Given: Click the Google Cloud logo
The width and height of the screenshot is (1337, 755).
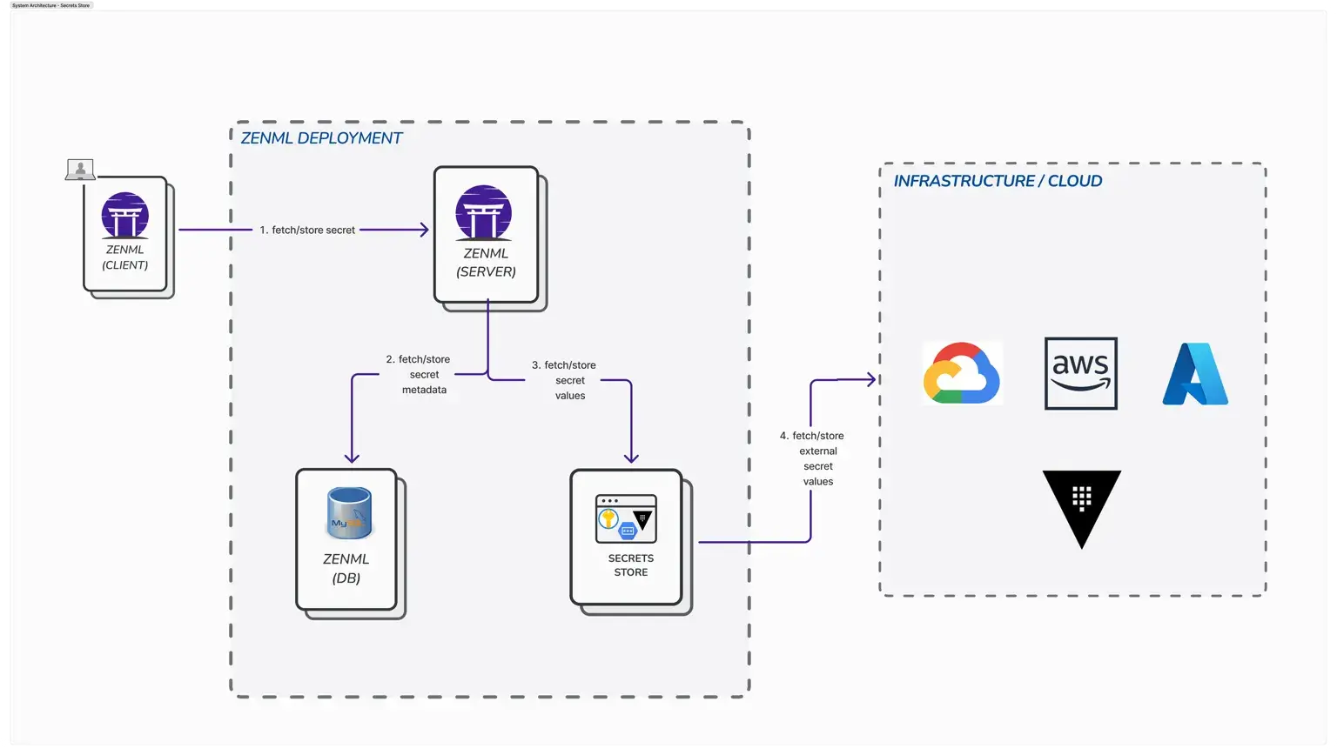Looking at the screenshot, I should pyautogui.click(x=962, y=373).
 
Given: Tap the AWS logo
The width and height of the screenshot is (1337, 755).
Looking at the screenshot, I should pyautogui.click(x=1080, y=373).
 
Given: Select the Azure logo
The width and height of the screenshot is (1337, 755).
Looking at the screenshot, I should pyautogui.click(x=1195, y=374).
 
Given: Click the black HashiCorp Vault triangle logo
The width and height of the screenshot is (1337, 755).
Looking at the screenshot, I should pyautogui.click(x=1081, y=506).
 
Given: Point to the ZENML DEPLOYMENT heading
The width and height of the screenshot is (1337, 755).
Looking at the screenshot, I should pyautogui.click(x=321, y=138).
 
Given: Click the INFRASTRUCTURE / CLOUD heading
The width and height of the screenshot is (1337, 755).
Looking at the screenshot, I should pyautogui.click(x=998, y=181).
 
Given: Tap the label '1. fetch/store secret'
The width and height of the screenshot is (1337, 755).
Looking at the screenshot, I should pyautogui.click(x=307, y=231).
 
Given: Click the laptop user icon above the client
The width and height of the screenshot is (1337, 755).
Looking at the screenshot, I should pyautogui.click(x=80, y=170).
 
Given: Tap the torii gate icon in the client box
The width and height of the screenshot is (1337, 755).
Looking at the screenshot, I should pyautogui.click(x=124, y=215).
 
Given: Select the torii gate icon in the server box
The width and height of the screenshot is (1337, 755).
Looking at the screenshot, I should pyautogui.click(x=483, y=213).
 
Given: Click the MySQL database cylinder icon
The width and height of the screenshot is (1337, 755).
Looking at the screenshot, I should pyautogui.click(x=349, y=513).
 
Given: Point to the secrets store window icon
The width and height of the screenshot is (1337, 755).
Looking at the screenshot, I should pyautogui.click(x=626, y=519).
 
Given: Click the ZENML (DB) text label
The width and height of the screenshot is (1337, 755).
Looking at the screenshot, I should pyautogui.click(x=346, y=568).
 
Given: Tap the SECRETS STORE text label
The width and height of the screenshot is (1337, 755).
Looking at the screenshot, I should pyautogui.click(x=630, y=565).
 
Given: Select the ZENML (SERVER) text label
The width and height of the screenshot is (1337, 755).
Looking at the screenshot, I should pyautogui.click(x=486, y=263).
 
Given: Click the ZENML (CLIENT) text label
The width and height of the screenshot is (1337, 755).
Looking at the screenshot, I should pyautogui.click(x=124, y=257).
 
